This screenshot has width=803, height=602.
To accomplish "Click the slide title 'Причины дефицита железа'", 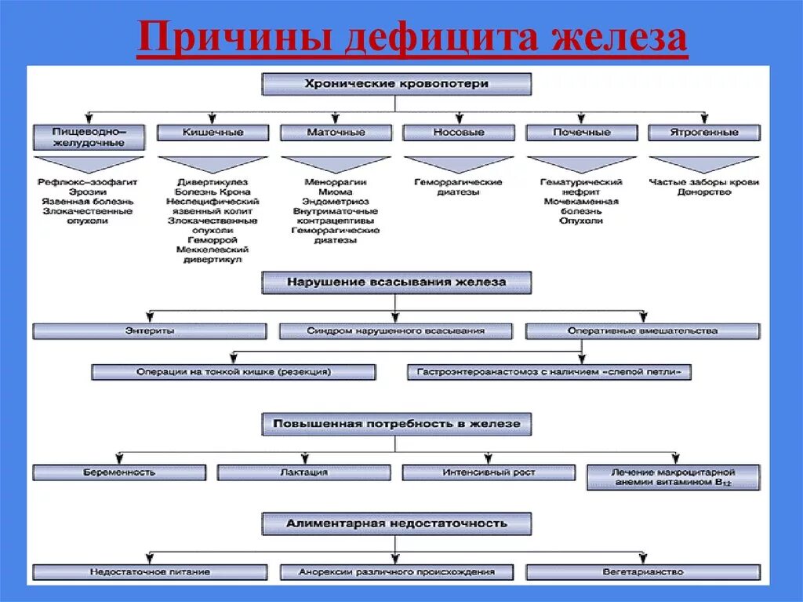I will click(x=412, y=38).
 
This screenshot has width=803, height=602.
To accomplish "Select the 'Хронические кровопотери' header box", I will click(x=396, y=83).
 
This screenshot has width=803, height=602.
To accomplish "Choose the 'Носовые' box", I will click(x=459, y=133).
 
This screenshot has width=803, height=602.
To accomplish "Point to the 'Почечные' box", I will click(x=581, y=133).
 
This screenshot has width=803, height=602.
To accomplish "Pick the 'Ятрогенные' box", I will click(x=703, y=133).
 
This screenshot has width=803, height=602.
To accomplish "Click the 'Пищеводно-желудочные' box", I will click(x=89, y=137).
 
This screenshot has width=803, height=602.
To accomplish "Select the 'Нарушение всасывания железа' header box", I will click(x=396, y=282).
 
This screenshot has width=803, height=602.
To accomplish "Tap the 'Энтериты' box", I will click(x=150, y=331).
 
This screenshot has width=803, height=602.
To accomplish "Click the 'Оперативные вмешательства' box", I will click(x=642, y=331).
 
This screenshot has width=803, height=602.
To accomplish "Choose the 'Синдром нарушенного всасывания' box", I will click(x=396, y=331).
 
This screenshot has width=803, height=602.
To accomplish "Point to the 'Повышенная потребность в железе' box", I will click(x=396, y=424).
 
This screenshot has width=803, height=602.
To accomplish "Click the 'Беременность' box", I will click(x=119, y=472).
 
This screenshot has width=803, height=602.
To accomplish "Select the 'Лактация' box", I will click(x=303, y=472).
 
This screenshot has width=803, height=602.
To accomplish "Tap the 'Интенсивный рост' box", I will click(x=489, y=472).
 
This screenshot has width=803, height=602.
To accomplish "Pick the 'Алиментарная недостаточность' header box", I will click(x=396, y=524).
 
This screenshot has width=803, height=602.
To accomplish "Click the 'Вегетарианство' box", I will click(x=642, y=572).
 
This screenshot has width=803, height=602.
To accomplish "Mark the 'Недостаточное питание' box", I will click(x=150, y=572).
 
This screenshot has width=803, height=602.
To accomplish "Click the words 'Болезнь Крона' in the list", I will click(x=213, y=192).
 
